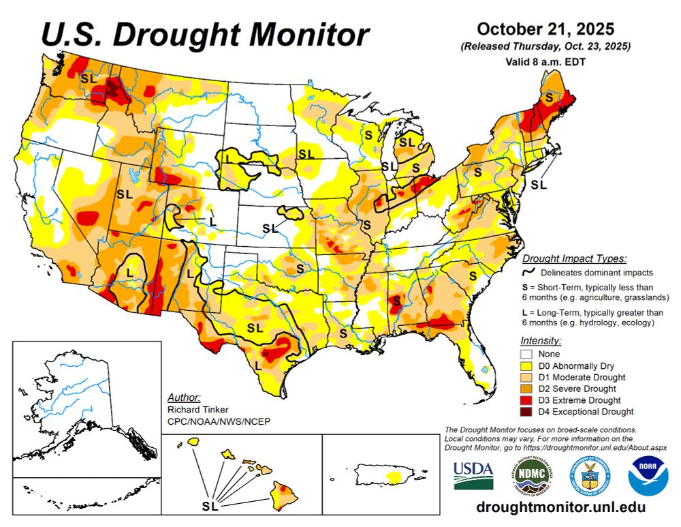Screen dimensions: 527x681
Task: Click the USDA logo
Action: click(x=473, y=475)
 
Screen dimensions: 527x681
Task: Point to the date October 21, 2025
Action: click(x=545, y=29)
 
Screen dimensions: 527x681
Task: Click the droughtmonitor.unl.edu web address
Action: click(x=560, y=508)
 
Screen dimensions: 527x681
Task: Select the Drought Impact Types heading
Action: click(x=573, y=258)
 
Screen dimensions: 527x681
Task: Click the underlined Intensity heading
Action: click(x=541, y=340)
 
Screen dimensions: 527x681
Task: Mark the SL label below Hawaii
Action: click(x=210, y=507)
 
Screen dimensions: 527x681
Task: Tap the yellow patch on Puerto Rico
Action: click(x=394, y=475)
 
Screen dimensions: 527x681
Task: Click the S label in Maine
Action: click(x=547, y=98)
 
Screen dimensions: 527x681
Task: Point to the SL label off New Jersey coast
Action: click(x=539, y=183)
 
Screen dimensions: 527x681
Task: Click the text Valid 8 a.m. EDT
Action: click(x=545, y=61)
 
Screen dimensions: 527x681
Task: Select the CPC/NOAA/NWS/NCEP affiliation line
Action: click(x=219, y=421)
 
